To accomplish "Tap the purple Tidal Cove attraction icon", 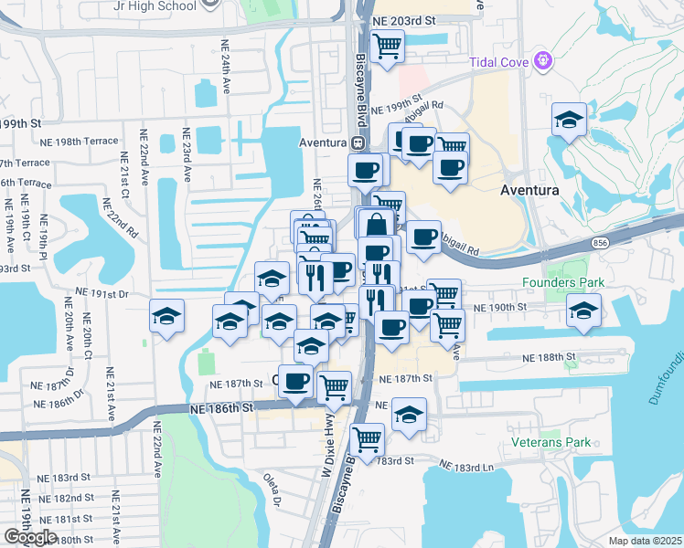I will (x=544, y=61).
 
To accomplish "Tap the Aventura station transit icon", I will (x=358, y=142).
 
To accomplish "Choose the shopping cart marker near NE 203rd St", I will (x=387, y=44).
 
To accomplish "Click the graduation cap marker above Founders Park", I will (x=583, y=310).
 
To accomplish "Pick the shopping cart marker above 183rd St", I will (x=367, y=438).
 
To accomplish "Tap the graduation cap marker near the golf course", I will (x=569, y=120).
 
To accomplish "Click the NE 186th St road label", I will (x=221, y=408).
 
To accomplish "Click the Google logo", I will (x=31, y=537).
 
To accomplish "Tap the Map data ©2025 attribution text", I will (x=645, y=541).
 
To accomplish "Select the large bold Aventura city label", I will (x=529, y=190).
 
